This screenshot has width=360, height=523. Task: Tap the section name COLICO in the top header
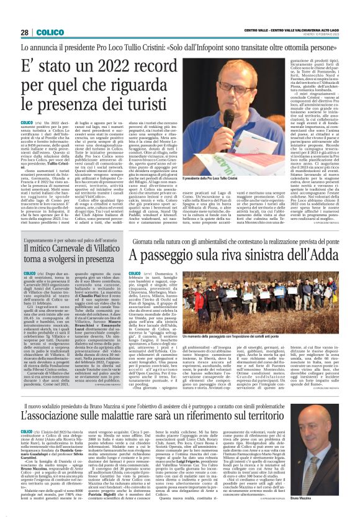[x=50, y=32]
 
